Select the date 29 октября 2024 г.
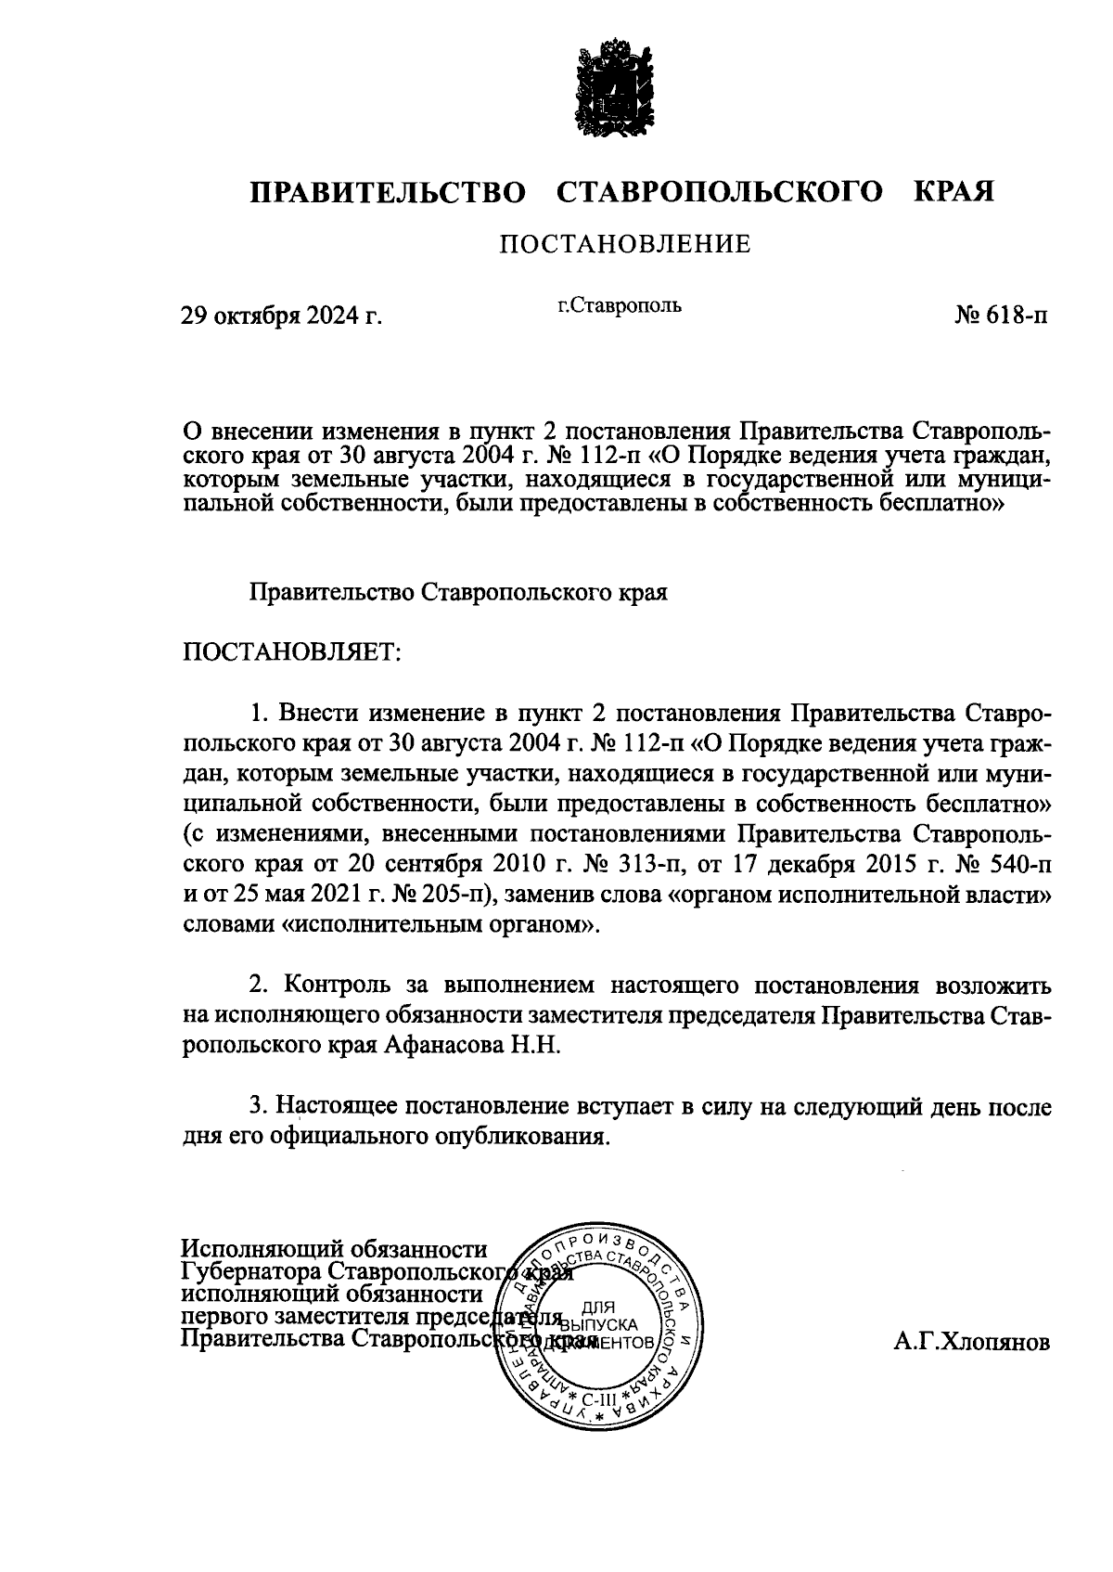click(x=281, y=316)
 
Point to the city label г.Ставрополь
click(x=620, y=304)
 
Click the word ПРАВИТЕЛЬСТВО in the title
click(x=388, y=192)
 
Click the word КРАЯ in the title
click(x=954, y=192)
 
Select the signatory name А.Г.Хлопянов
click(x=973, y=1343)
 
